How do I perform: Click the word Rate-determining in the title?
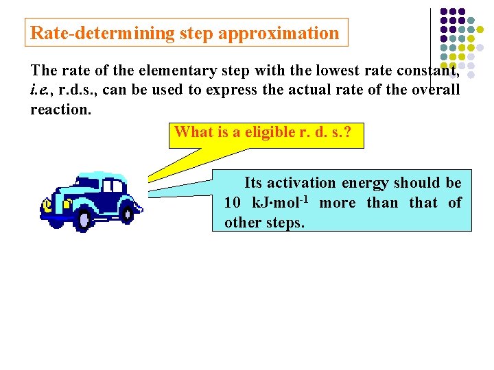(x=102, y=33)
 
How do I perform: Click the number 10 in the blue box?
(x=232, y=203)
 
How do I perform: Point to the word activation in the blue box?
(x=301, y=183)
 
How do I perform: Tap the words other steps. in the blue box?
(x=264, y=223)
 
